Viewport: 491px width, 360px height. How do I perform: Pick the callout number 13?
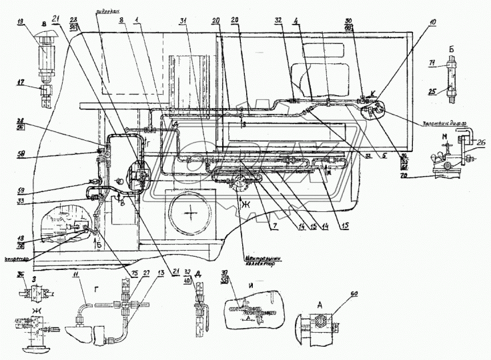tap(160, 273)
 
